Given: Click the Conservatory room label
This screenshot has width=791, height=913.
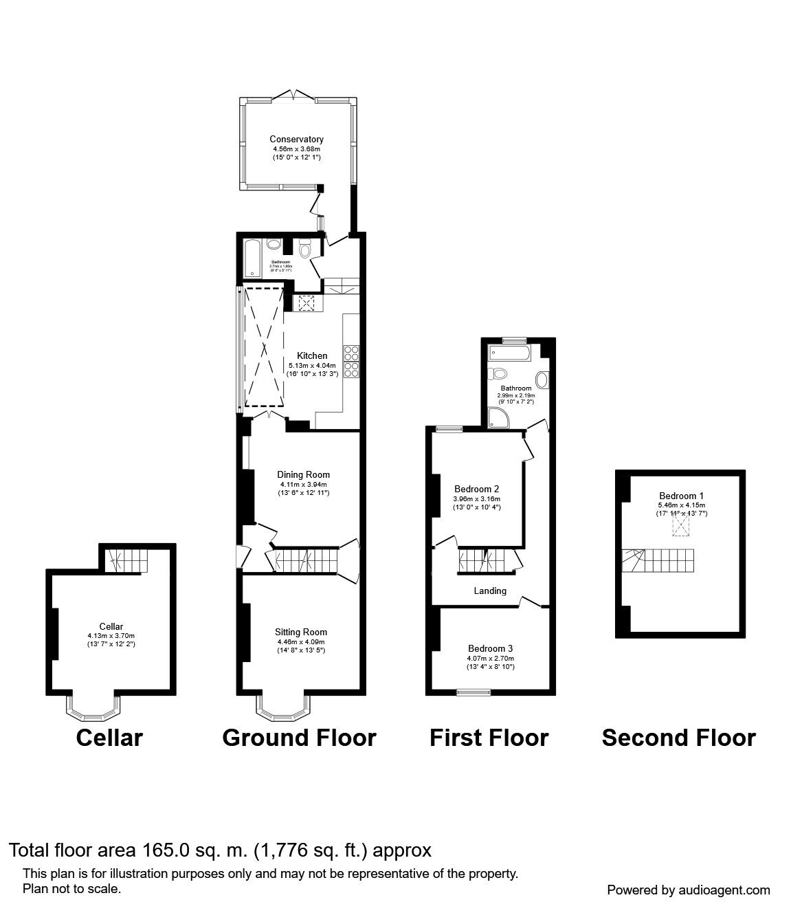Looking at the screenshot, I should click(296, 140).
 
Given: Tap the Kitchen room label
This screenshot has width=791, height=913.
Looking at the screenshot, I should click(312, 355).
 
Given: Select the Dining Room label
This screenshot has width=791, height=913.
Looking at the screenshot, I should click(303, 474).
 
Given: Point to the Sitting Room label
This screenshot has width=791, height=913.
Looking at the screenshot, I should click(300, 632).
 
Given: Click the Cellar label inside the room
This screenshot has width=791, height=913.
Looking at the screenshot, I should click(111, 626).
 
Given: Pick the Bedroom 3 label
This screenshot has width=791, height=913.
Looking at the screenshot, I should click(490, 648).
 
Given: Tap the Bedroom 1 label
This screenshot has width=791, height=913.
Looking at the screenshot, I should click(681, 496).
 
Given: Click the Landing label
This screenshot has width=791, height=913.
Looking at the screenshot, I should click(490, 591).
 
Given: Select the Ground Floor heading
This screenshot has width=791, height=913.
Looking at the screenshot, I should click(299, 738).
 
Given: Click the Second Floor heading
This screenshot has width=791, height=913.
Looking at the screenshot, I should click(678, 738).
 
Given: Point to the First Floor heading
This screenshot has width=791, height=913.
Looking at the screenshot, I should click(489, 738).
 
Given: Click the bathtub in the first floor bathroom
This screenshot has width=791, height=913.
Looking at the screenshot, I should click(509, 353).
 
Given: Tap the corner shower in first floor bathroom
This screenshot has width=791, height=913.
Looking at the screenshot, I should click(496, 417).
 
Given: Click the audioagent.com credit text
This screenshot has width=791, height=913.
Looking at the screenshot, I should click(688, 890).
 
